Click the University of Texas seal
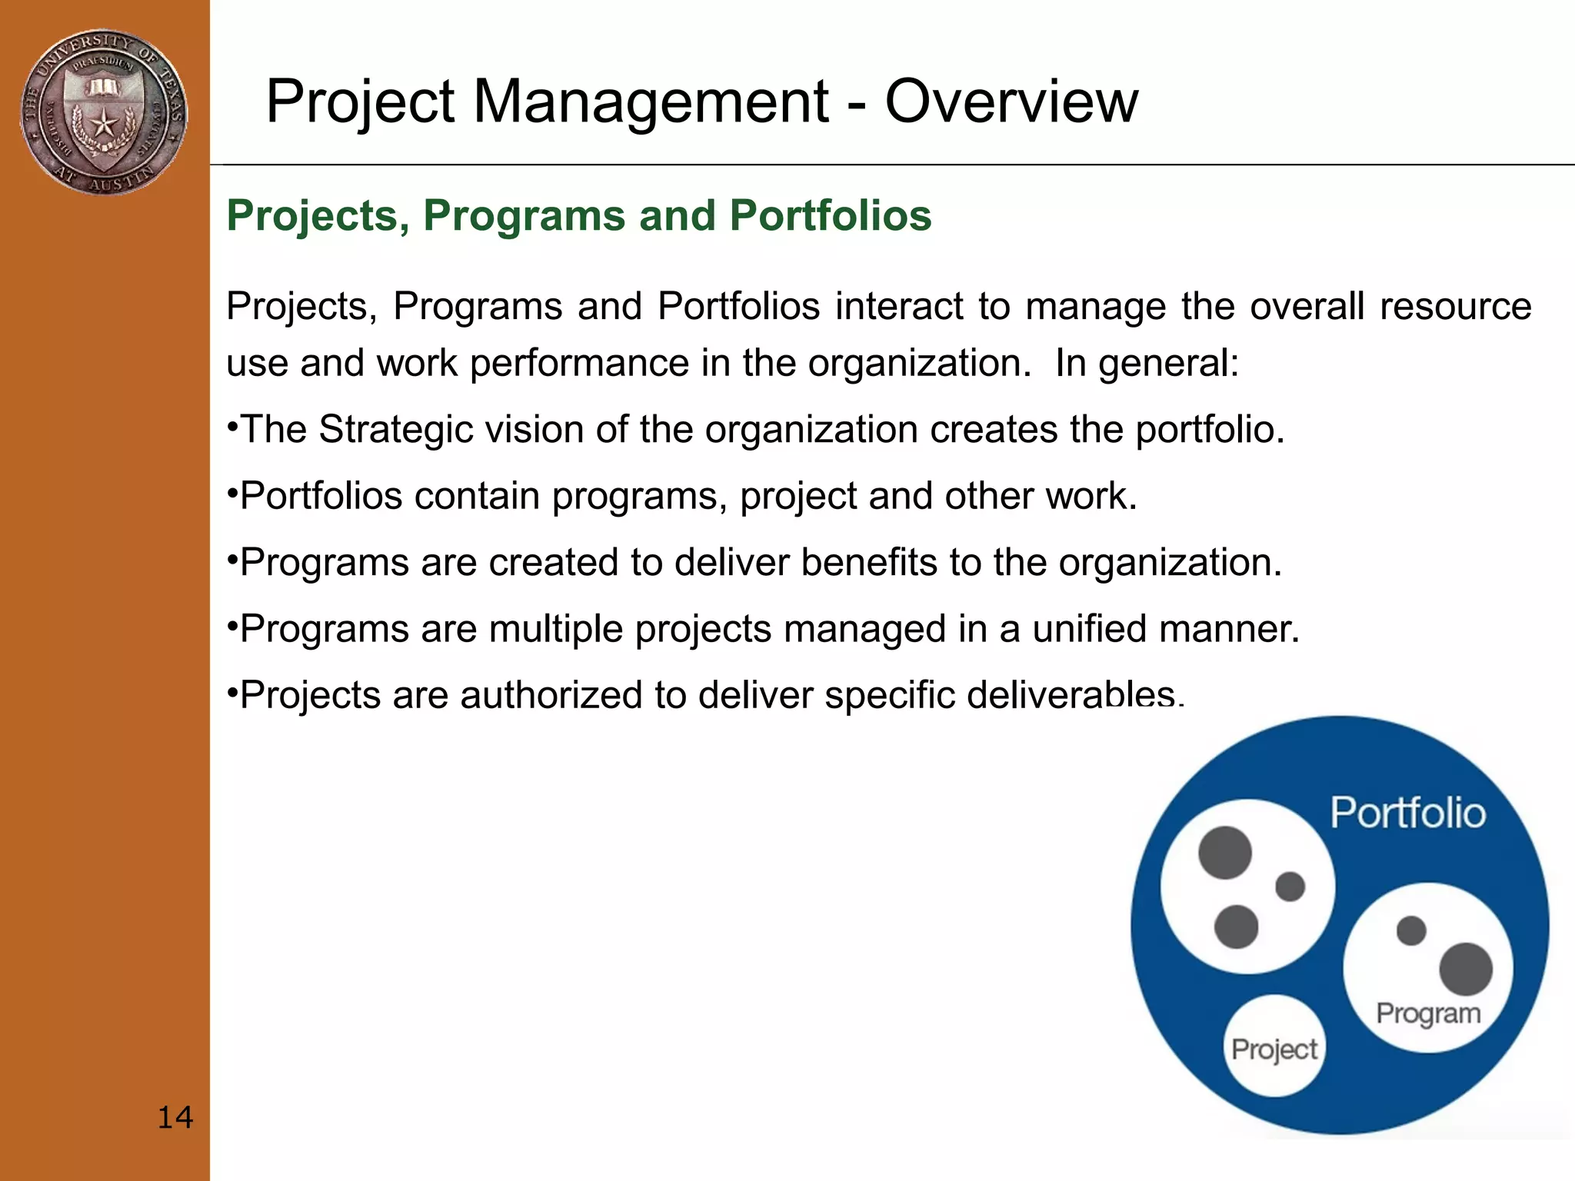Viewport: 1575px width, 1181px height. (x=103, y=112)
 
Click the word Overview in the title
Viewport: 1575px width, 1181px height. (x=1011, y=101)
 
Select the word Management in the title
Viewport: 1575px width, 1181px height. (x=651, y=101)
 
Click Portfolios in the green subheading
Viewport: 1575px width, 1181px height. (x=831, y=215)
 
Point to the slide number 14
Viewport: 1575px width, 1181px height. (x=175, y=1117)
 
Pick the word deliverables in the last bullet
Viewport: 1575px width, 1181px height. (x=1071, y=695)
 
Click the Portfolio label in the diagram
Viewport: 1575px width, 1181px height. (x=1407, y=813)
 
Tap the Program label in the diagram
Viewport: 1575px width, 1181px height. (x=1428, y=1013)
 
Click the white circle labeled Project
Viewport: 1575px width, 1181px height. (x=1274, y=1046)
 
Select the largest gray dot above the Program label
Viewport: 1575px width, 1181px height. (x=1465, y=969)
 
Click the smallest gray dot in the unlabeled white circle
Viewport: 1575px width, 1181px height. (x=1290, y=887)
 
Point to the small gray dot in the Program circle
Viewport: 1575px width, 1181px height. (x=1410, y=930)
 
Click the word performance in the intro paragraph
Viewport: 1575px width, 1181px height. (x=580, y=363)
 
